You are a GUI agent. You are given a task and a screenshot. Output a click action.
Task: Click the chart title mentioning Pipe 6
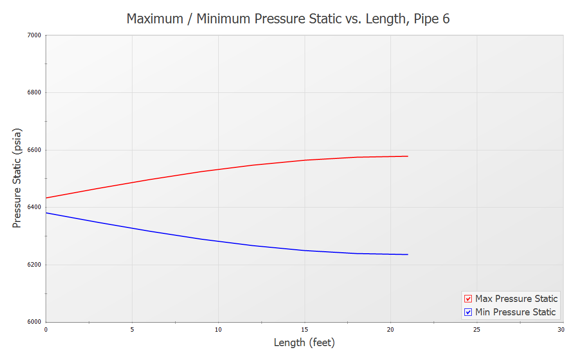pyautogui.click(x=288, y=19)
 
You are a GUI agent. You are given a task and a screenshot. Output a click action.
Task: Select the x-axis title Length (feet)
pyautogui.click(x=304, y=343)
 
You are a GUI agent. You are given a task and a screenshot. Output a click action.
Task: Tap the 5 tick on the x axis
pyautogui.click(x=132, y=329)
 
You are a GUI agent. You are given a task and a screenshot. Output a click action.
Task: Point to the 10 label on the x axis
pyautogui.click(x=218, y=329)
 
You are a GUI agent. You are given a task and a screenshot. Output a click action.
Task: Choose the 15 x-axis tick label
pyautogui.click(x=305, y=329)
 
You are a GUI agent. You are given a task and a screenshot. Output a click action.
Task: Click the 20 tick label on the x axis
pyautogui.click(x=391, y=329)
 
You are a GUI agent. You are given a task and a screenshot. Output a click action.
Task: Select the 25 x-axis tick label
pyautogui.click(x=477, y=329)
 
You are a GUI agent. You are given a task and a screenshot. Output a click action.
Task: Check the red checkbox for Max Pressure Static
pyautogui.click(x=468, y=299)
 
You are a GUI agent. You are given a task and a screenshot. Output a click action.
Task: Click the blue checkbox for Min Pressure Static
pyautogui.click(x=468, y=312)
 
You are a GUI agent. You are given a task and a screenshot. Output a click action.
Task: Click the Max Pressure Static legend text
pyautogui.click(x=516, y=299)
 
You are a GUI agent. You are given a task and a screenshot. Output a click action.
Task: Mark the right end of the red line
pyautogui.click(x=408, y=156)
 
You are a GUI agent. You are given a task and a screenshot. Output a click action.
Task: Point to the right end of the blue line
pyautogui.click(x=408, y=254)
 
